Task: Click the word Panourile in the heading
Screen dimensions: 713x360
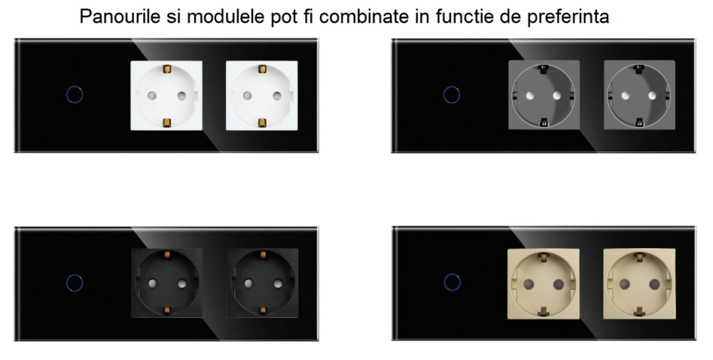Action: [120, 16]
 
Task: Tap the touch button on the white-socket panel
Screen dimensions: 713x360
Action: [75, 95]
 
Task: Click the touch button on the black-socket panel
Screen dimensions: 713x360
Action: [75, 282]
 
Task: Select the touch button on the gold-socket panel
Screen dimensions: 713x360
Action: [452, 282]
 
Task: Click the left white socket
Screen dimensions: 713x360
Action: [166, 96]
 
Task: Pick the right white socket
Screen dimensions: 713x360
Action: [262, 96]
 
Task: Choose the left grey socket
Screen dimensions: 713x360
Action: [544, 95]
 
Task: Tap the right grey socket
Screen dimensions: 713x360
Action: [640, 95]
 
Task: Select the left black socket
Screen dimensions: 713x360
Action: [166, 283]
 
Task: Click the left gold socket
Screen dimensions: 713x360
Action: [543, 284]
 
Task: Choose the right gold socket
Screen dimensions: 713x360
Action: [640, 284]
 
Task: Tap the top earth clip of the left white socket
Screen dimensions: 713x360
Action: [166, 69]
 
